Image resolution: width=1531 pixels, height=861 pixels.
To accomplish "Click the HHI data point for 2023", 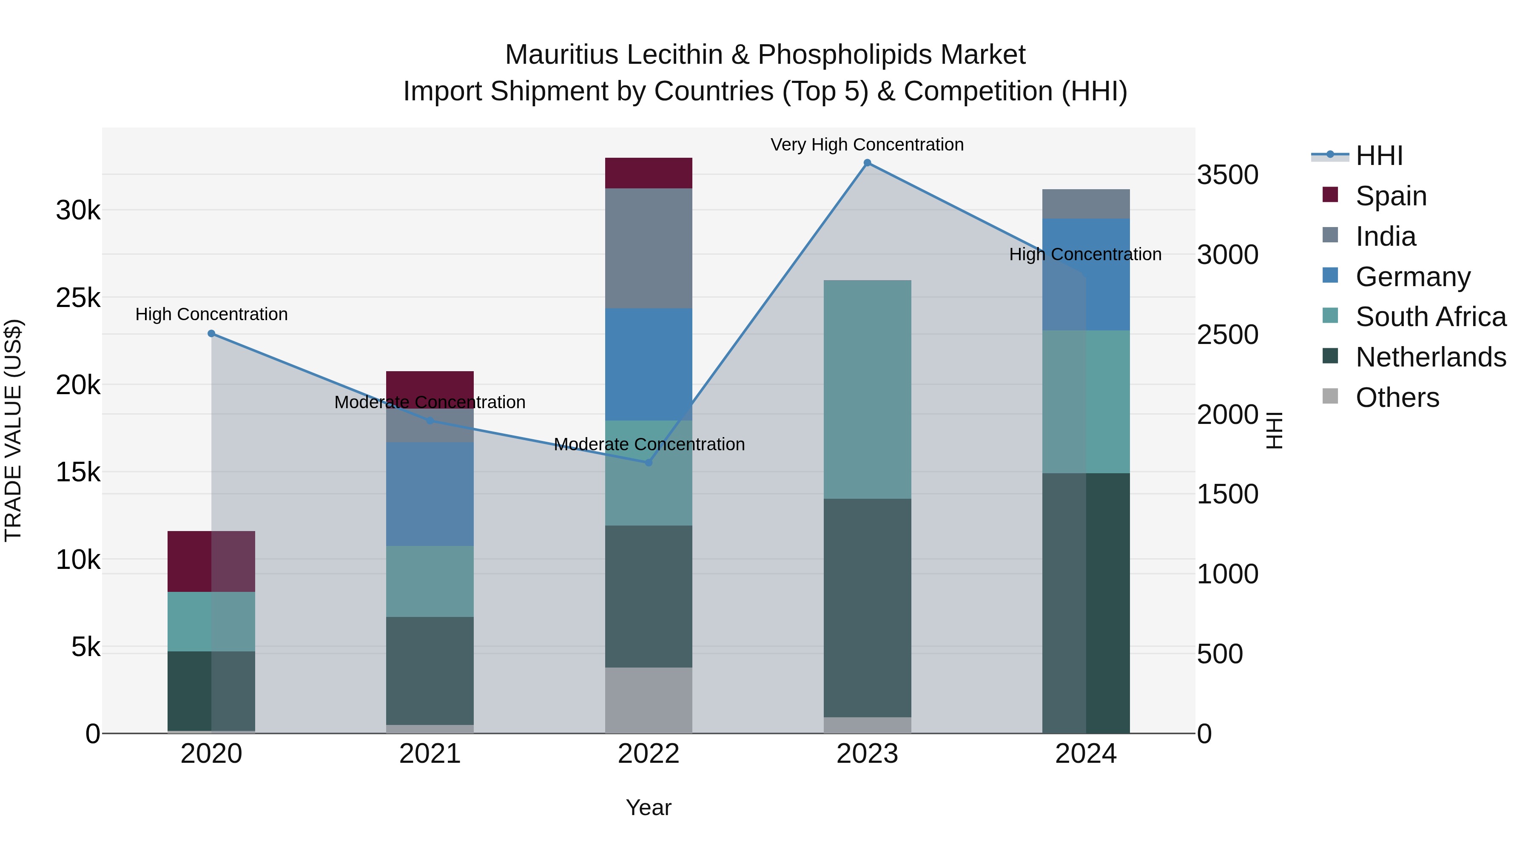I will (x=867, y=163).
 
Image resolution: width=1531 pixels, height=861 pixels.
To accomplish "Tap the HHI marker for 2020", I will (x=212, y=334).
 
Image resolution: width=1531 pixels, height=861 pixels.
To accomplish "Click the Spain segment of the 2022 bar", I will (x=649, y=173).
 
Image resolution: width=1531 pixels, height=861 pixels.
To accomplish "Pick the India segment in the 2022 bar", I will (x=649, y=248).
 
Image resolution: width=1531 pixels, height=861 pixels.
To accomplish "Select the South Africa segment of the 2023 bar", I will (x=867, y=389).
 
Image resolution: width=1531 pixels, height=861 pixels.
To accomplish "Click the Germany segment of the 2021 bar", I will (x=430, y=493).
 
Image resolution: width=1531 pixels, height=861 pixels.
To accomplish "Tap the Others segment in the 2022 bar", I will (x=649, y=700).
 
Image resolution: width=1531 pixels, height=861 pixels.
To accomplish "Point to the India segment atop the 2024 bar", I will (x=1086, y=204).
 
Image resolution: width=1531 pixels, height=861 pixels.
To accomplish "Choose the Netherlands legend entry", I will (x=1431, y=357).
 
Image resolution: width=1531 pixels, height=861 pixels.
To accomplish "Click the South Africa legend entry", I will (x=1431, y=317).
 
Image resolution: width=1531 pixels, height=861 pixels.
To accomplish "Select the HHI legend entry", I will (x=1379, y=156).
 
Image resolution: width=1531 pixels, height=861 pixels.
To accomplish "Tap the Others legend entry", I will (x=1397, y=398).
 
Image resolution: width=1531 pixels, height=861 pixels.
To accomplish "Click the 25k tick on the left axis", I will (x=78, y=298).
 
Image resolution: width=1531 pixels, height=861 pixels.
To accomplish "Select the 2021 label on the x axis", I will (x=430, y=754).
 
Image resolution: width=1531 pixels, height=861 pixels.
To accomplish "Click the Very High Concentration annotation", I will (x=867, y=145).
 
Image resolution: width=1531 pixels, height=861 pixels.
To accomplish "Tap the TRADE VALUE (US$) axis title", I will (x=13, y=430).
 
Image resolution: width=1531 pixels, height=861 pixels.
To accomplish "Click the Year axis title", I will (x=649, y=807).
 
